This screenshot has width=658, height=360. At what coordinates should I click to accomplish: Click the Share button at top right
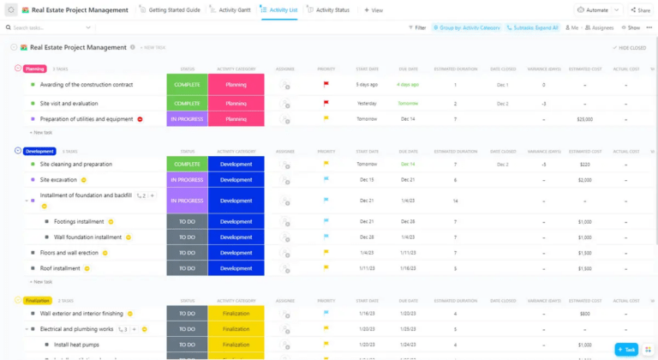click(x=641, y=10)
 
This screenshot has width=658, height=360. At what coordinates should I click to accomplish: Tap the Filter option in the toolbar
click(x=417, y=27)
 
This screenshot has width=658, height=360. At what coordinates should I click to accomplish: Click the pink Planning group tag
click(x=35, y=69)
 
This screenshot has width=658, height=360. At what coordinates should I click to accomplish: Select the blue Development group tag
click(x=39, y=151)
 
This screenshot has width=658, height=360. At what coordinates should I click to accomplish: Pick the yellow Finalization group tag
click(x=38, y=301)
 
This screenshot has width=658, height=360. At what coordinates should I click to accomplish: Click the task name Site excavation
click(x=58, y=180)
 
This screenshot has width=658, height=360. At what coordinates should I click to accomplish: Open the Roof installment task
click(x=60, y=268)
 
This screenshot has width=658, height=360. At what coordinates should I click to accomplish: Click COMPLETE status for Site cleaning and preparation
click(x=187, y=164)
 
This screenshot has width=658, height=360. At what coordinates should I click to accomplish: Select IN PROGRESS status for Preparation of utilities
click(x=187, y=119)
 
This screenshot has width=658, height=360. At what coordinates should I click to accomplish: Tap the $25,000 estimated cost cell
click(x=584, y=119)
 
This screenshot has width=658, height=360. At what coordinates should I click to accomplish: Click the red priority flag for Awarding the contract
click(x=326, y=85)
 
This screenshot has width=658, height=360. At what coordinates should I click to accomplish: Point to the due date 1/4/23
click(x=407, y=201)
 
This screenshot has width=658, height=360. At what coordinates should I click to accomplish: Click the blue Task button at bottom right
click(x=626, y=350)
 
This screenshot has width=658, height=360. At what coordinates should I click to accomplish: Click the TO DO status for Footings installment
click(x=187, y=221)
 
